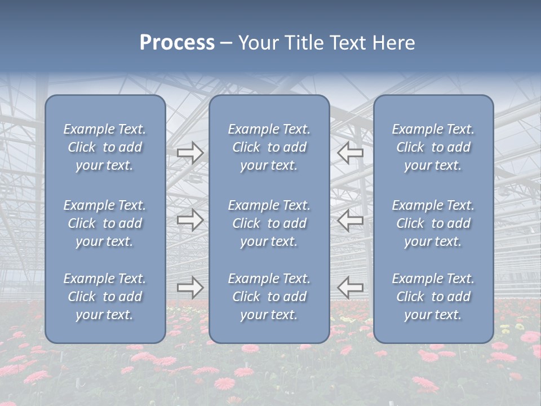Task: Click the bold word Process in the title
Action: (177, 43)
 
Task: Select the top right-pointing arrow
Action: (190, 152)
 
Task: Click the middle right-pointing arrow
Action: (190, 220)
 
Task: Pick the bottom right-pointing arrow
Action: (190, 288)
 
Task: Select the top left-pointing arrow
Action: (350, 152)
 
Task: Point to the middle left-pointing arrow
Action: (350, 220)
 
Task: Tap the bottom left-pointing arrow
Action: (350, 288)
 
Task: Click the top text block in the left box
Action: (105, 147)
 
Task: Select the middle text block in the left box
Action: (105, 223)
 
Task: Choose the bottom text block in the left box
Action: (105, 297)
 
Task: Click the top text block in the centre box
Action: (269, 147)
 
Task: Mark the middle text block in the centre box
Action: (269, 223)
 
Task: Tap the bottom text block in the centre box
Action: (269, 297)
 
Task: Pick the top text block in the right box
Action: (433, 147)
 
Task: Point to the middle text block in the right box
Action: (433, 223)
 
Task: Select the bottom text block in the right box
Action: (433, 297)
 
